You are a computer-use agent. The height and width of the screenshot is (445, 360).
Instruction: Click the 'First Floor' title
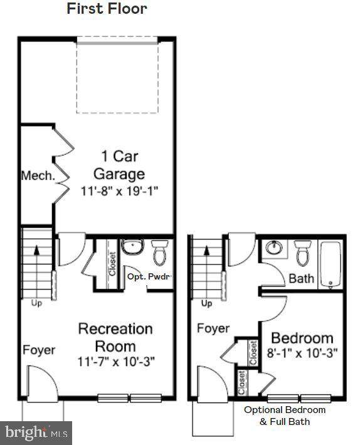click(107, 9)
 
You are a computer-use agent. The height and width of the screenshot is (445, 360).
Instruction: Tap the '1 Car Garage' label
click(119, 165)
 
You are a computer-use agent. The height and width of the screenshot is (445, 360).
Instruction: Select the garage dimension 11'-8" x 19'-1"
click(119, 191)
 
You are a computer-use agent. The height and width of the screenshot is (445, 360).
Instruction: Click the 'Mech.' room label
click(38, 175)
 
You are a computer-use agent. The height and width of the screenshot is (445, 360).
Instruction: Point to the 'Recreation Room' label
click(115, 337)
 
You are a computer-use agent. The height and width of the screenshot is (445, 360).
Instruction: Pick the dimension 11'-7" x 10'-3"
click(116, 362)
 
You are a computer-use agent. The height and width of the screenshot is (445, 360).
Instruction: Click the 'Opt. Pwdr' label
click(149, 276)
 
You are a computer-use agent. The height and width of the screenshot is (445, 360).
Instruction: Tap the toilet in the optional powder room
click(159, 253)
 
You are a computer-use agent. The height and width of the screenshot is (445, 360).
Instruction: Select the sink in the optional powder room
click(132, 247)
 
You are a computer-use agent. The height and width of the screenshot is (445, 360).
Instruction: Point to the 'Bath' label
click(301, 278)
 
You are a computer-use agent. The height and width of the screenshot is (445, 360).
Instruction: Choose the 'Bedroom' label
click(302, 338)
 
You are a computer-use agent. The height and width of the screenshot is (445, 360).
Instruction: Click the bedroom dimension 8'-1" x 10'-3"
click(302, 353)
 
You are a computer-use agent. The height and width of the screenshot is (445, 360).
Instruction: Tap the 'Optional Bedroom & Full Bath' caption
click(285, 416)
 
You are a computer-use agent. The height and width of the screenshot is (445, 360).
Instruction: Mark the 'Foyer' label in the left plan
click(39, 350)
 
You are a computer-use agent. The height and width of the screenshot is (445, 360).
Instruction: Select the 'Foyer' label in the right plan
click(213, 328)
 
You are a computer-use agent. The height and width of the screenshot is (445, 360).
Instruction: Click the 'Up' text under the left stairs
click(36, 303)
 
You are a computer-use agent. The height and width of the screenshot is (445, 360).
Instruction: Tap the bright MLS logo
click(36, 433)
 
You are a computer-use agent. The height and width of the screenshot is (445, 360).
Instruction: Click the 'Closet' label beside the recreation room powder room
click(113, 264)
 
